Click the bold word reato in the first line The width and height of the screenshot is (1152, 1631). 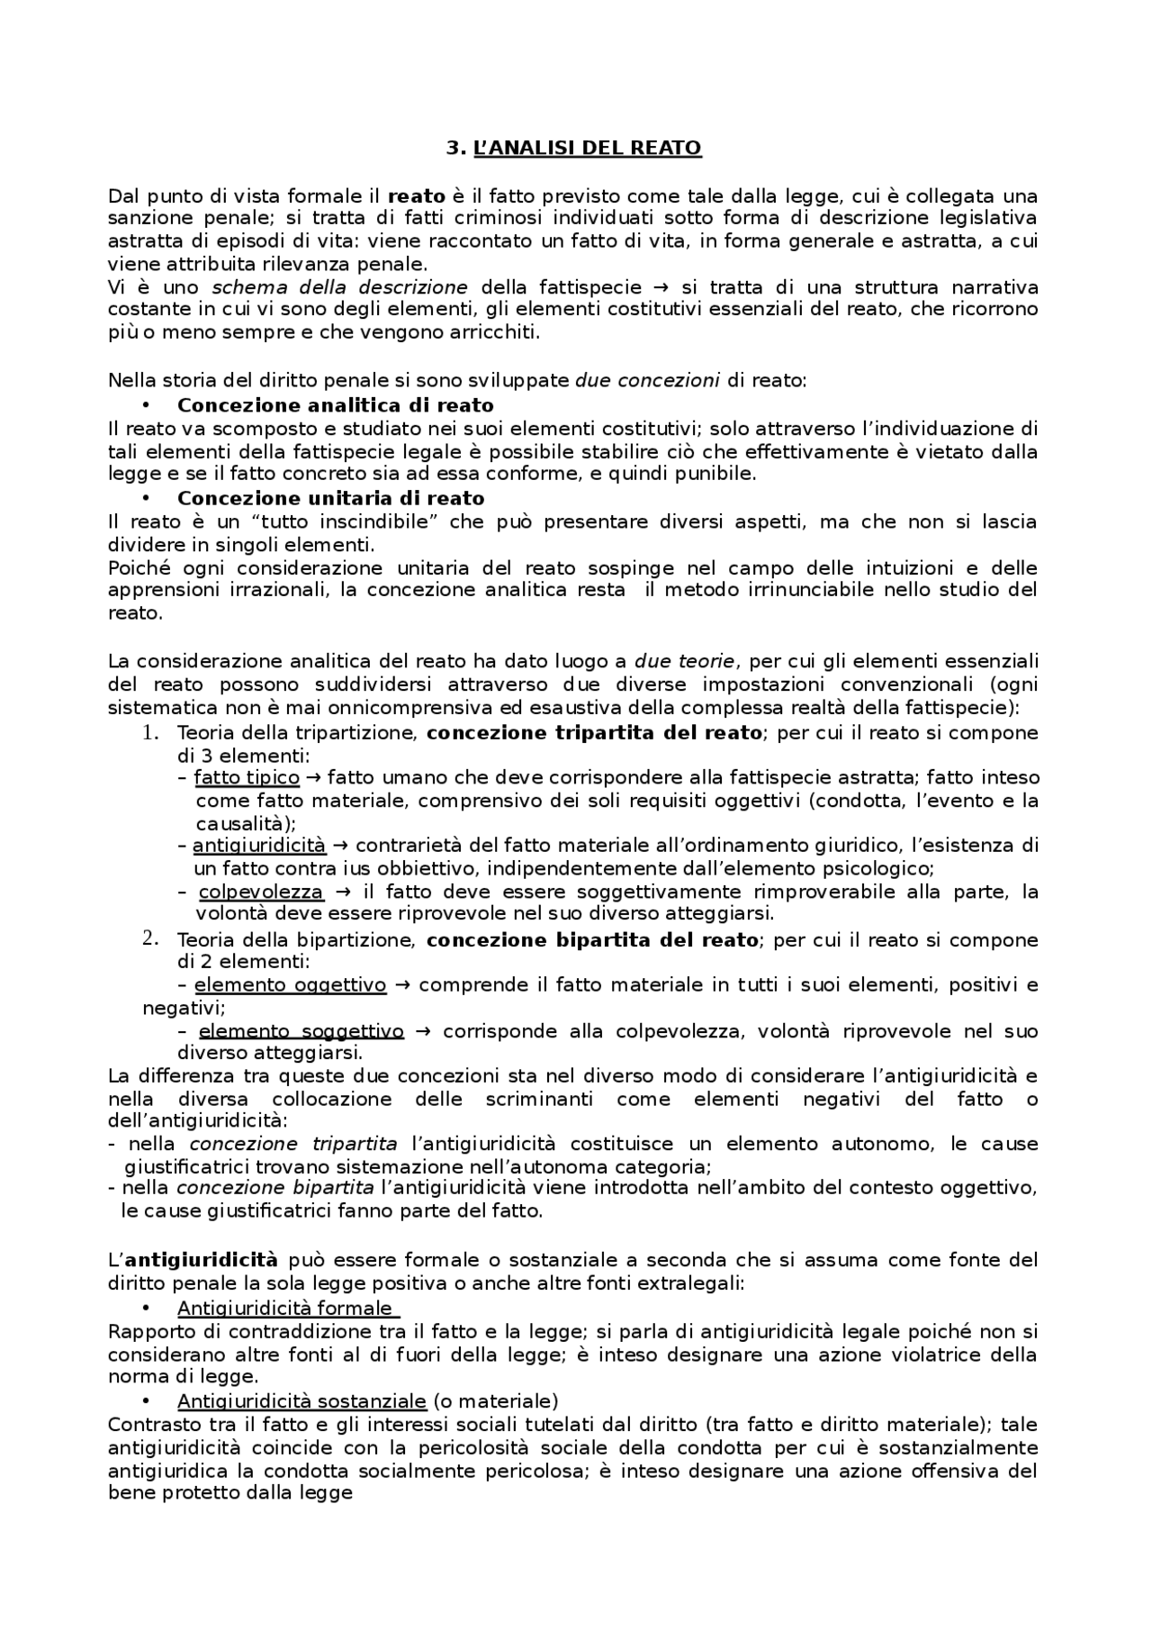pyautogui.click(x=416, y=195)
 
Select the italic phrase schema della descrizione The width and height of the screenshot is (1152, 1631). pyautogui.click(x=339, y=287)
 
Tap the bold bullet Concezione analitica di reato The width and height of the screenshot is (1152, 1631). pyautogui.click(x=335, y=405)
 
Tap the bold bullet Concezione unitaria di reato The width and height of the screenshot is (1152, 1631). pyautogui.click(x=330, y=498)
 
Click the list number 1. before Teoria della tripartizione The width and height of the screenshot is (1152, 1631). pyautogui.click(x=150, y=732)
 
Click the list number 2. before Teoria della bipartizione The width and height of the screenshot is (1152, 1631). pyautogui.click(x=150, y=938)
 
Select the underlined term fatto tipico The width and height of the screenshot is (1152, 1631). pyautogui.click(x=247, y=777)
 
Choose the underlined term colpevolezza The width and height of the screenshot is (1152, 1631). pyautogui.click(x=260, y=892)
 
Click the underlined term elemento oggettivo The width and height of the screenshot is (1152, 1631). pyautogui.click(x=290, y=984)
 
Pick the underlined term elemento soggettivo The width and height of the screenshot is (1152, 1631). pyautogui.click(x=301, y=1030)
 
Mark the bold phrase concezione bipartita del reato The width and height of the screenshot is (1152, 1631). pyautogui.click(x=591, y=940)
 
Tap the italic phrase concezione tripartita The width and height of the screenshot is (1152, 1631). pyautogui.click(x=293, y=1144)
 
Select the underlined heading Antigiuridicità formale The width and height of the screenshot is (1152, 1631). pyautogui.click(x=284, y=1308)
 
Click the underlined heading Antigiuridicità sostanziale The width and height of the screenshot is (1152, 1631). pyautogui.click(x=301, y=1400)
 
